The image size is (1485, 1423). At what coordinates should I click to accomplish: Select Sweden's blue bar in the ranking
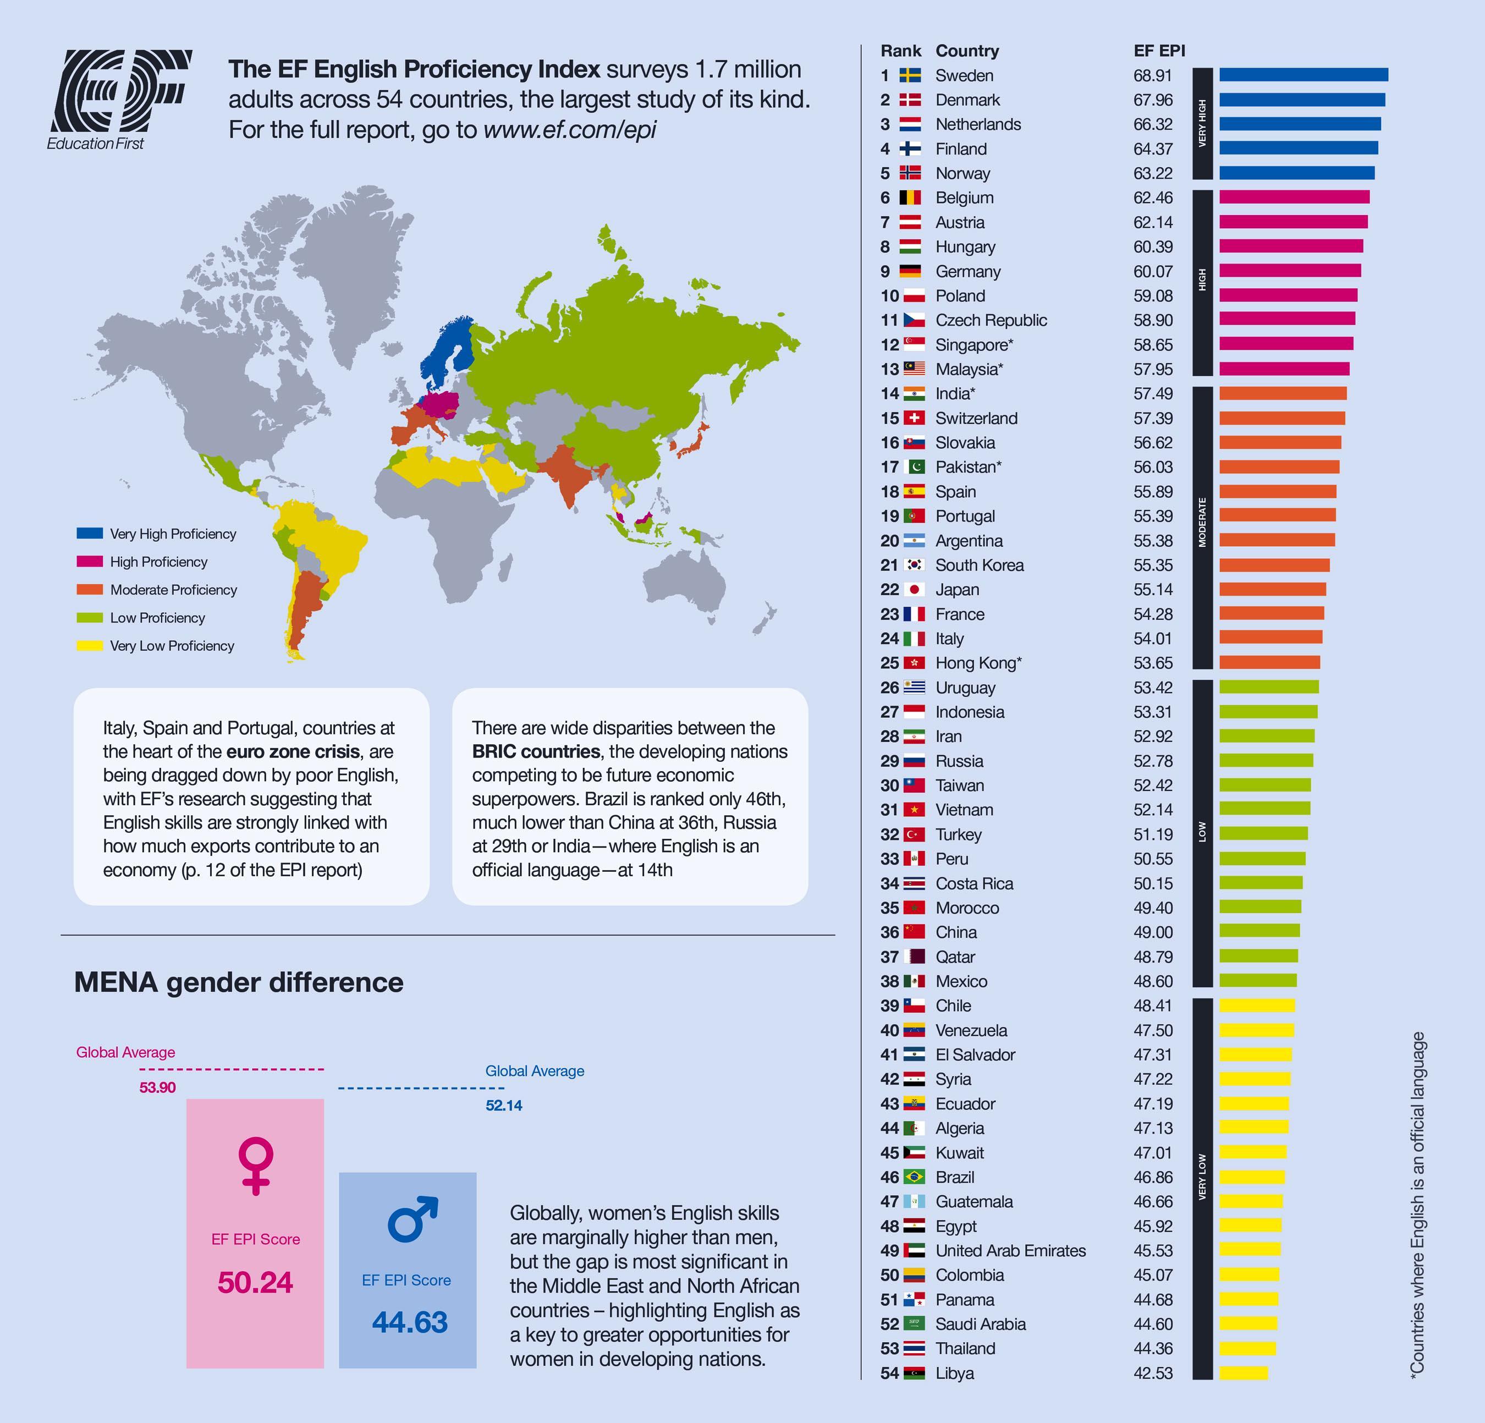1303,75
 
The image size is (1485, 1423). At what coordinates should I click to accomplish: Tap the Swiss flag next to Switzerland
914,418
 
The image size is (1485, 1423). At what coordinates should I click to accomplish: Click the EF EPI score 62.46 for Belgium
1152,198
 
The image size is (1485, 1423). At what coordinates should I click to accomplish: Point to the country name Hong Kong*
978,663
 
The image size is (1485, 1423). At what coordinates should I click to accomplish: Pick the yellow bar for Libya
1242,1373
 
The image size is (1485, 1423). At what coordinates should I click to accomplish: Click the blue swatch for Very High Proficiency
90,534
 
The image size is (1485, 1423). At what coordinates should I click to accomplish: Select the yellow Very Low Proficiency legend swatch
90,646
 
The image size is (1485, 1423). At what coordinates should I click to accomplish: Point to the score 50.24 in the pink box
255,1282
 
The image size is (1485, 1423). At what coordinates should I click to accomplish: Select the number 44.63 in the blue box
409,1322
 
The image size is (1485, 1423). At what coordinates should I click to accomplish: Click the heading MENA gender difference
239,982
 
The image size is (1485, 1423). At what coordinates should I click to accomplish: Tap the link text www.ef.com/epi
569,130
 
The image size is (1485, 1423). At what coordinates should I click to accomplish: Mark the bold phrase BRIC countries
536,752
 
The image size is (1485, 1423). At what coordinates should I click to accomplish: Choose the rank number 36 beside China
889,932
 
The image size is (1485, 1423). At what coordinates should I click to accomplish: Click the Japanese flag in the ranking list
914,590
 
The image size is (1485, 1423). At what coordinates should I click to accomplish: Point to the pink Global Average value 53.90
158,1088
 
